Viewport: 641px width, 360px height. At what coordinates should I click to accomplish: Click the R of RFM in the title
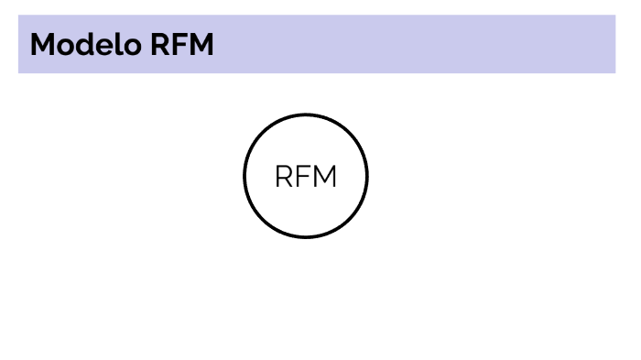159,44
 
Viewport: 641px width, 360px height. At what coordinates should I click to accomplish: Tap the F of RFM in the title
178,44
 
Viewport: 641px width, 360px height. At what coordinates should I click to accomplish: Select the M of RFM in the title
200,44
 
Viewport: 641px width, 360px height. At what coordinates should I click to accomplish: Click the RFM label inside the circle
306,177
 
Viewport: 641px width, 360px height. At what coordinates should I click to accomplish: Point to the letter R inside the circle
285,177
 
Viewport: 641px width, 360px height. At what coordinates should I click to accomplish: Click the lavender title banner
412,44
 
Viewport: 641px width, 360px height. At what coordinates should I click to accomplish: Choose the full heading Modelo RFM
122,44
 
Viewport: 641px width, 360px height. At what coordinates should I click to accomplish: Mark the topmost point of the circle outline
306,115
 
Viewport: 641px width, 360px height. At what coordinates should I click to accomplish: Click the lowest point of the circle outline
306,237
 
